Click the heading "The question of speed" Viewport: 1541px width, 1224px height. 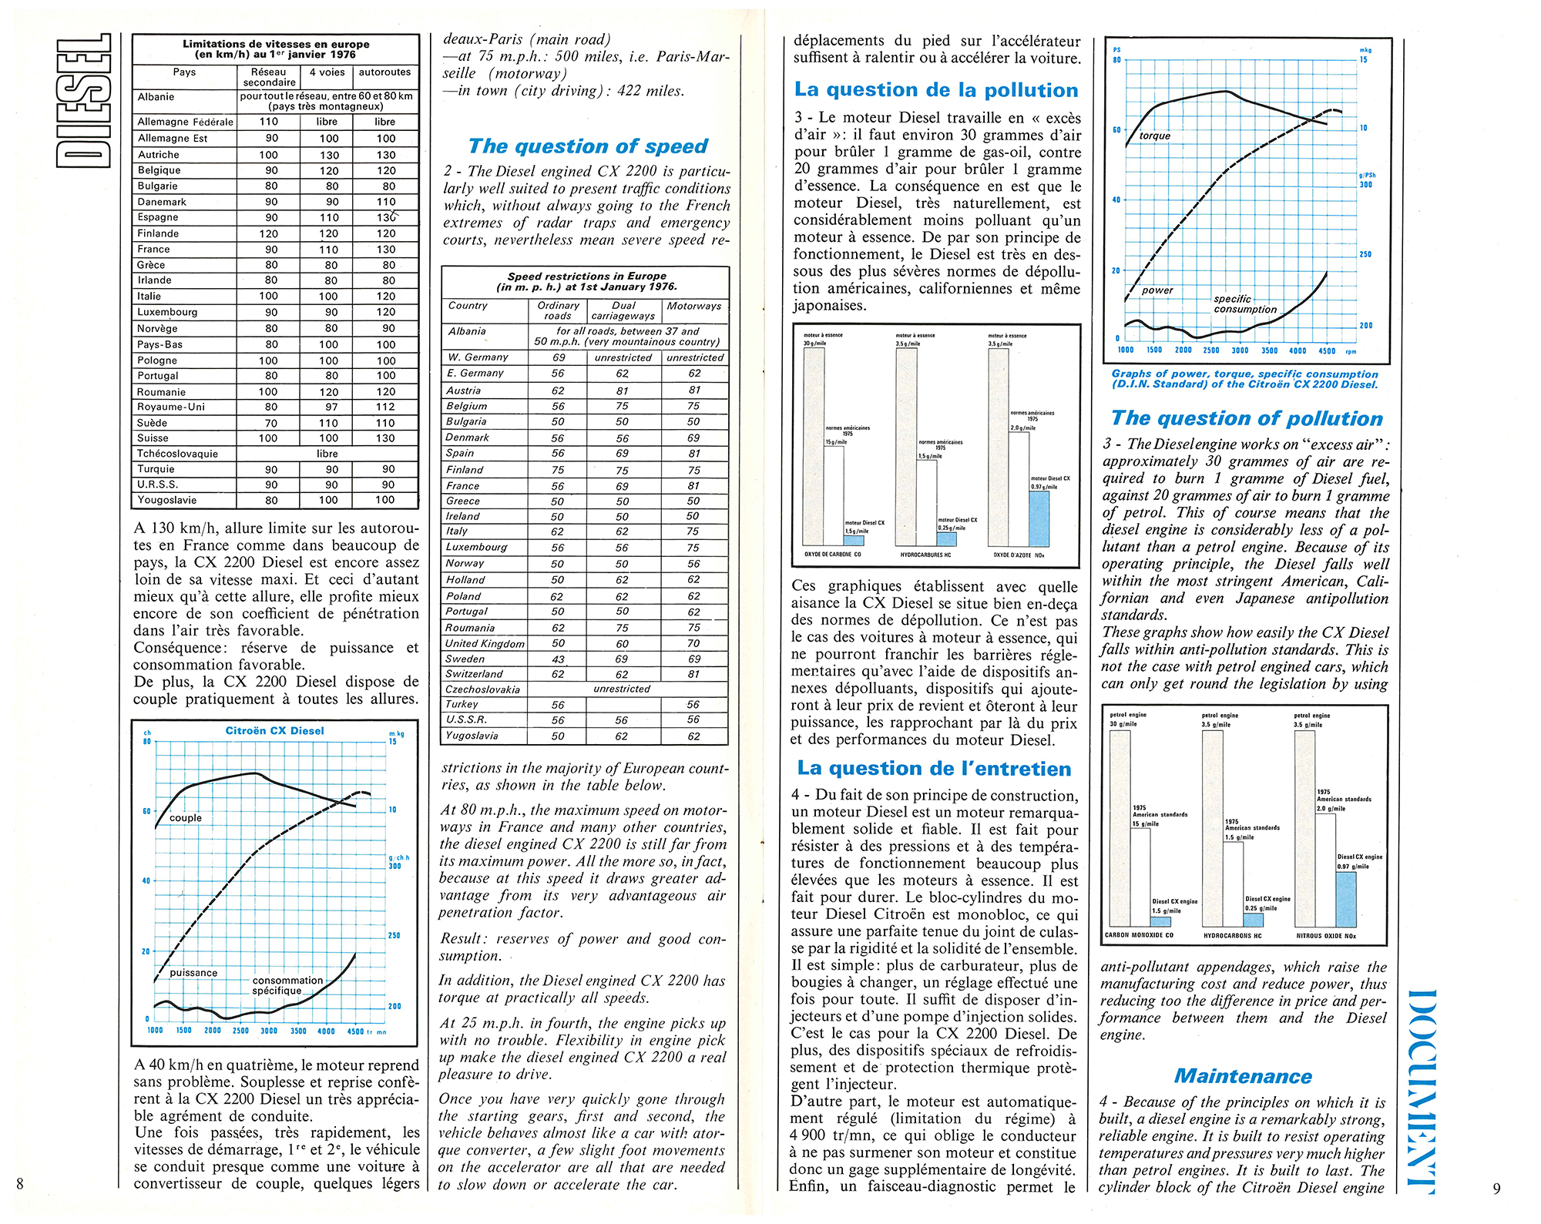tap(588, 146)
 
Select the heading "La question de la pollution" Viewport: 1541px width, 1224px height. tap(936, 90)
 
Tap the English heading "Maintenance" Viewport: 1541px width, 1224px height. tap(1243, 1076)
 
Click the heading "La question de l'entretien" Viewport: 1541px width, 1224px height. tap(934, 768)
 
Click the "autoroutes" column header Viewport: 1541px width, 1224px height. tap(385, 72)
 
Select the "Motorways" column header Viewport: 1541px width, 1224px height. tap(694, 306)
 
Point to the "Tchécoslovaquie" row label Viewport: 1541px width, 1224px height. tap(176, 454)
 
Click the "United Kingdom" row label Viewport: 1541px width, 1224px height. tap(485, 643)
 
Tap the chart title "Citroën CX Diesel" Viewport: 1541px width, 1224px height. tap(274, 731)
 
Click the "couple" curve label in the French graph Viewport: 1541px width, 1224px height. tap(186, 818)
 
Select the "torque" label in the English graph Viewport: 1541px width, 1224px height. tap(1154, 136)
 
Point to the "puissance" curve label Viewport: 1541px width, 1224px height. tap(193, 973)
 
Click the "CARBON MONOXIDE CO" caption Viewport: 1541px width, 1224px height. tap(1139, 936)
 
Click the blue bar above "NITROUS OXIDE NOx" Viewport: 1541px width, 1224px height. tap(1345, 899)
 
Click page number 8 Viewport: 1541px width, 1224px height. tap(20, 1184)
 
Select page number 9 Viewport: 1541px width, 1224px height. tap(1496, 1188)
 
